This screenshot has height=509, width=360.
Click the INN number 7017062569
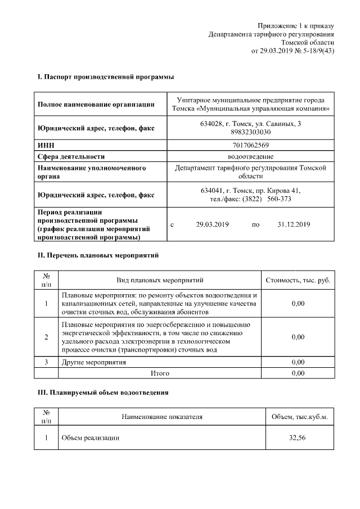point(250,145)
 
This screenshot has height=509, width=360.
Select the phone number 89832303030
point(250,132)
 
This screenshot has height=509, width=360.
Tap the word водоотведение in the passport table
point(250,156)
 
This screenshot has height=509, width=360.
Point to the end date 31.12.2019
point(294,224)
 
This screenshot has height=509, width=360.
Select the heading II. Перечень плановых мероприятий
point(98,255)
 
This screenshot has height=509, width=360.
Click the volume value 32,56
point(298,438)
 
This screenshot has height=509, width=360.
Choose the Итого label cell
point(160,373)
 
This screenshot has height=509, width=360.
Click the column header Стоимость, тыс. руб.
point(298,280)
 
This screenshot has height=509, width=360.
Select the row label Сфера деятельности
point(71,156)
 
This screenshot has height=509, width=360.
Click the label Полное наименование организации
point(96,103)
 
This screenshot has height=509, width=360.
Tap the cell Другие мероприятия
point(93,362)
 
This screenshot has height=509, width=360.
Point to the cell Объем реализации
point(91,438)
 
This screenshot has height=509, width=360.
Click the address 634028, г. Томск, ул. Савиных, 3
point(250,124)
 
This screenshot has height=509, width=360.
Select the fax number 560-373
point(279,199)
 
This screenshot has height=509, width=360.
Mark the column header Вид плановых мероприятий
point(160,280)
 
